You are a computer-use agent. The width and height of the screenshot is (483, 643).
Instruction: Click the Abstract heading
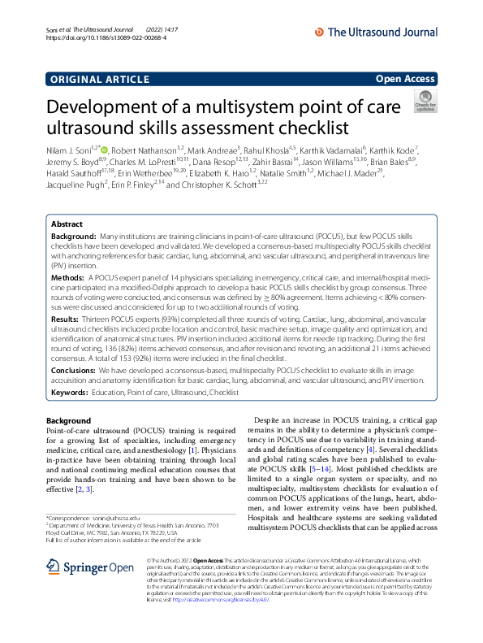click(67, 224)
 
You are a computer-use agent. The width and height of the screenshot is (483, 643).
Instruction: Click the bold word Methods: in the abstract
click(68, 277)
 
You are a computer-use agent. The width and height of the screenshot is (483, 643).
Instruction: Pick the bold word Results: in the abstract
click(67, 320)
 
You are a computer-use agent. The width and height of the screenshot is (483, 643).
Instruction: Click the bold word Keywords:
click(70, 393)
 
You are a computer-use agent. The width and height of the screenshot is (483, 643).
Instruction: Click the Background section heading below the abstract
click(69, 420)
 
